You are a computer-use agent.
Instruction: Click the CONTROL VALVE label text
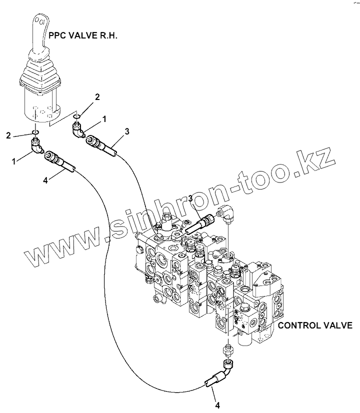315,325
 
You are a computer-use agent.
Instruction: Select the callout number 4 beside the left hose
45,180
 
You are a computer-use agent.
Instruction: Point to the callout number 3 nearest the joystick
127,131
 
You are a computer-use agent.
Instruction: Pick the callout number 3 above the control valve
190,199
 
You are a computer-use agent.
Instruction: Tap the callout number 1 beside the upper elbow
104,119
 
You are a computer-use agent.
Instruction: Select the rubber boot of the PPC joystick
40,75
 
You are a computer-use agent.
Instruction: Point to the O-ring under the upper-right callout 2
76,118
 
